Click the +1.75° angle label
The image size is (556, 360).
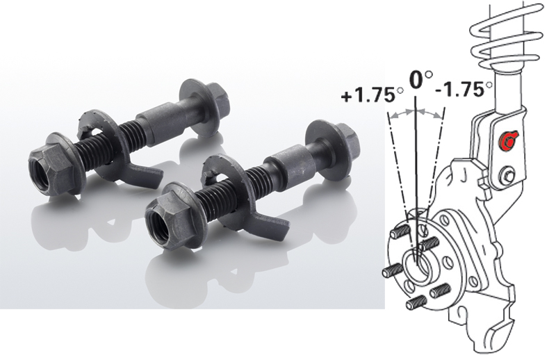click(372, 95)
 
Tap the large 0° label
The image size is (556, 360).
click(421, 79)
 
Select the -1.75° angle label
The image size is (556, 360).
click(464, 89)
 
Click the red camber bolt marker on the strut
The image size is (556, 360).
click(508, 141)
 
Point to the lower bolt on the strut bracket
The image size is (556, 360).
click(508, 175)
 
